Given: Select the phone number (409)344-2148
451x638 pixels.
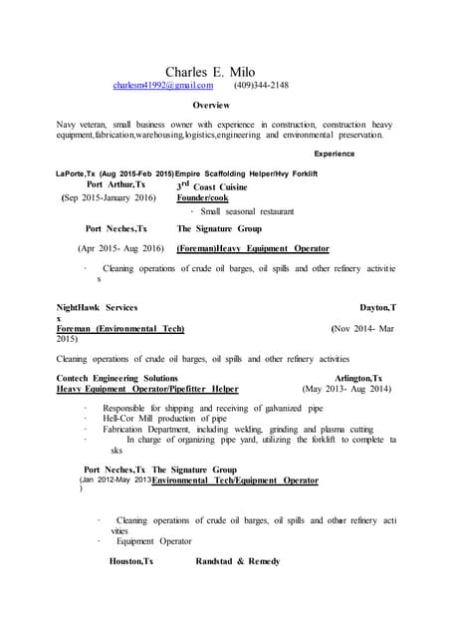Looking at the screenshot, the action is (x=261, y=86).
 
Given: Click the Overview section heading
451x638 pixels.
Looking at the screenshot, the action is (x=211, y=105).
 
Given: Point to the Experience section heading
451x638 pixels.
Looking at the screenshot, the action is (x=340, y=154).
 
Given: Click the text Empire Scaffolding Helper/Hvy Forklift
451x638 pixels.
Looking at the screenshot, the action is (x=246, y=173).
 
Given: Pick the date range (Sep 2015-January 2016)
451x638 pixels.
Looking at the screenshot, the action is (x=109, y=197).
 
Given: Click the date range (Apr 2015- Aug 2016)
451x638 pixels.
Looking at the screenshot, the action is (x=120, y=248).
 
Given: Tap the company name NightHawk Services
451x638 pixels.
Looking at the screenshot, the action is (x=98, y=309).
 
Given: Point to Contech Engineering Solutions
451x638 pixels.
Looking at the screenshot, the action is (x=118, y=379).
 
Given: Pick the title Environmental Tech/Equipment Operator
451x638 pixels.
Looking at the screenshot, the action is (x=235, y=480).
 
